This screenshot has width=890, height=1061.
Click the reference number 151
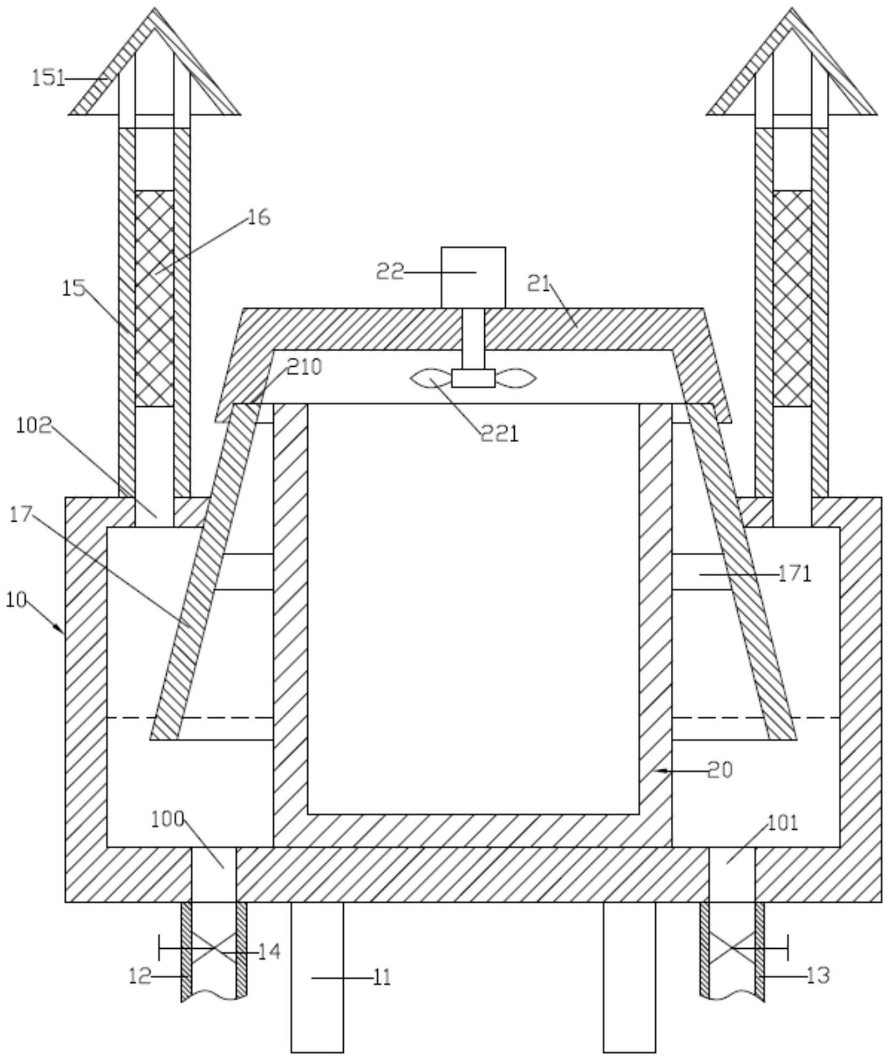[x=48, y=79]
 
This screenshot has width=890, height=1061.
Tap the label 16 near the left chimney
[x=259, y=218]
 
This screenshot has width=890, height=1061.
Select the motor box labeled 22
[x=473, y=277]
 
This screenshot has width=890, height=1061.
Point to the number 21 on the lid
[x=539, y=284]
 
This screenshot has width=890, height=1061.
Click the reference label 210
[x=305, y=367]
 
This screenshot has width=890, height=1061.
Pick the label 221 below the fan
[x=500, y=434]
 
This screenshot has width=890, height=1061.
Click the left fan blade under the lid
[x=431, y=379]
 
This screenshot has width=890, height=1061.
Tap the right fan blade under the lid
[x=515, y=379]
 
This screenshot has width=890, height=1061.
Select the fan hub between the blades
[x=473, y=378]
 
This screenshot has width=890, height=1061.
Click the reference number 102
[x=34, y=426]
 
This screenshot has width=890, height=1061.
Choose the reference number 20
[x=720, y=770]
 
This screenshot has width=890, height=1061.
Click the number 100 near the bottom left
[x=167, y=819]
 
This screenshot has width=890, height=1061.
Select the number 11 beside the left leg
[x=381, y=977]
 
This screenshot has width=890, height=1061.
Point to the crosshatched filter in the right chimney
[x=792, y=299]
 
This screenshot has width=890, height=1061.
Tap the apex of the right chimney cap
[x=792, y=8]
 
